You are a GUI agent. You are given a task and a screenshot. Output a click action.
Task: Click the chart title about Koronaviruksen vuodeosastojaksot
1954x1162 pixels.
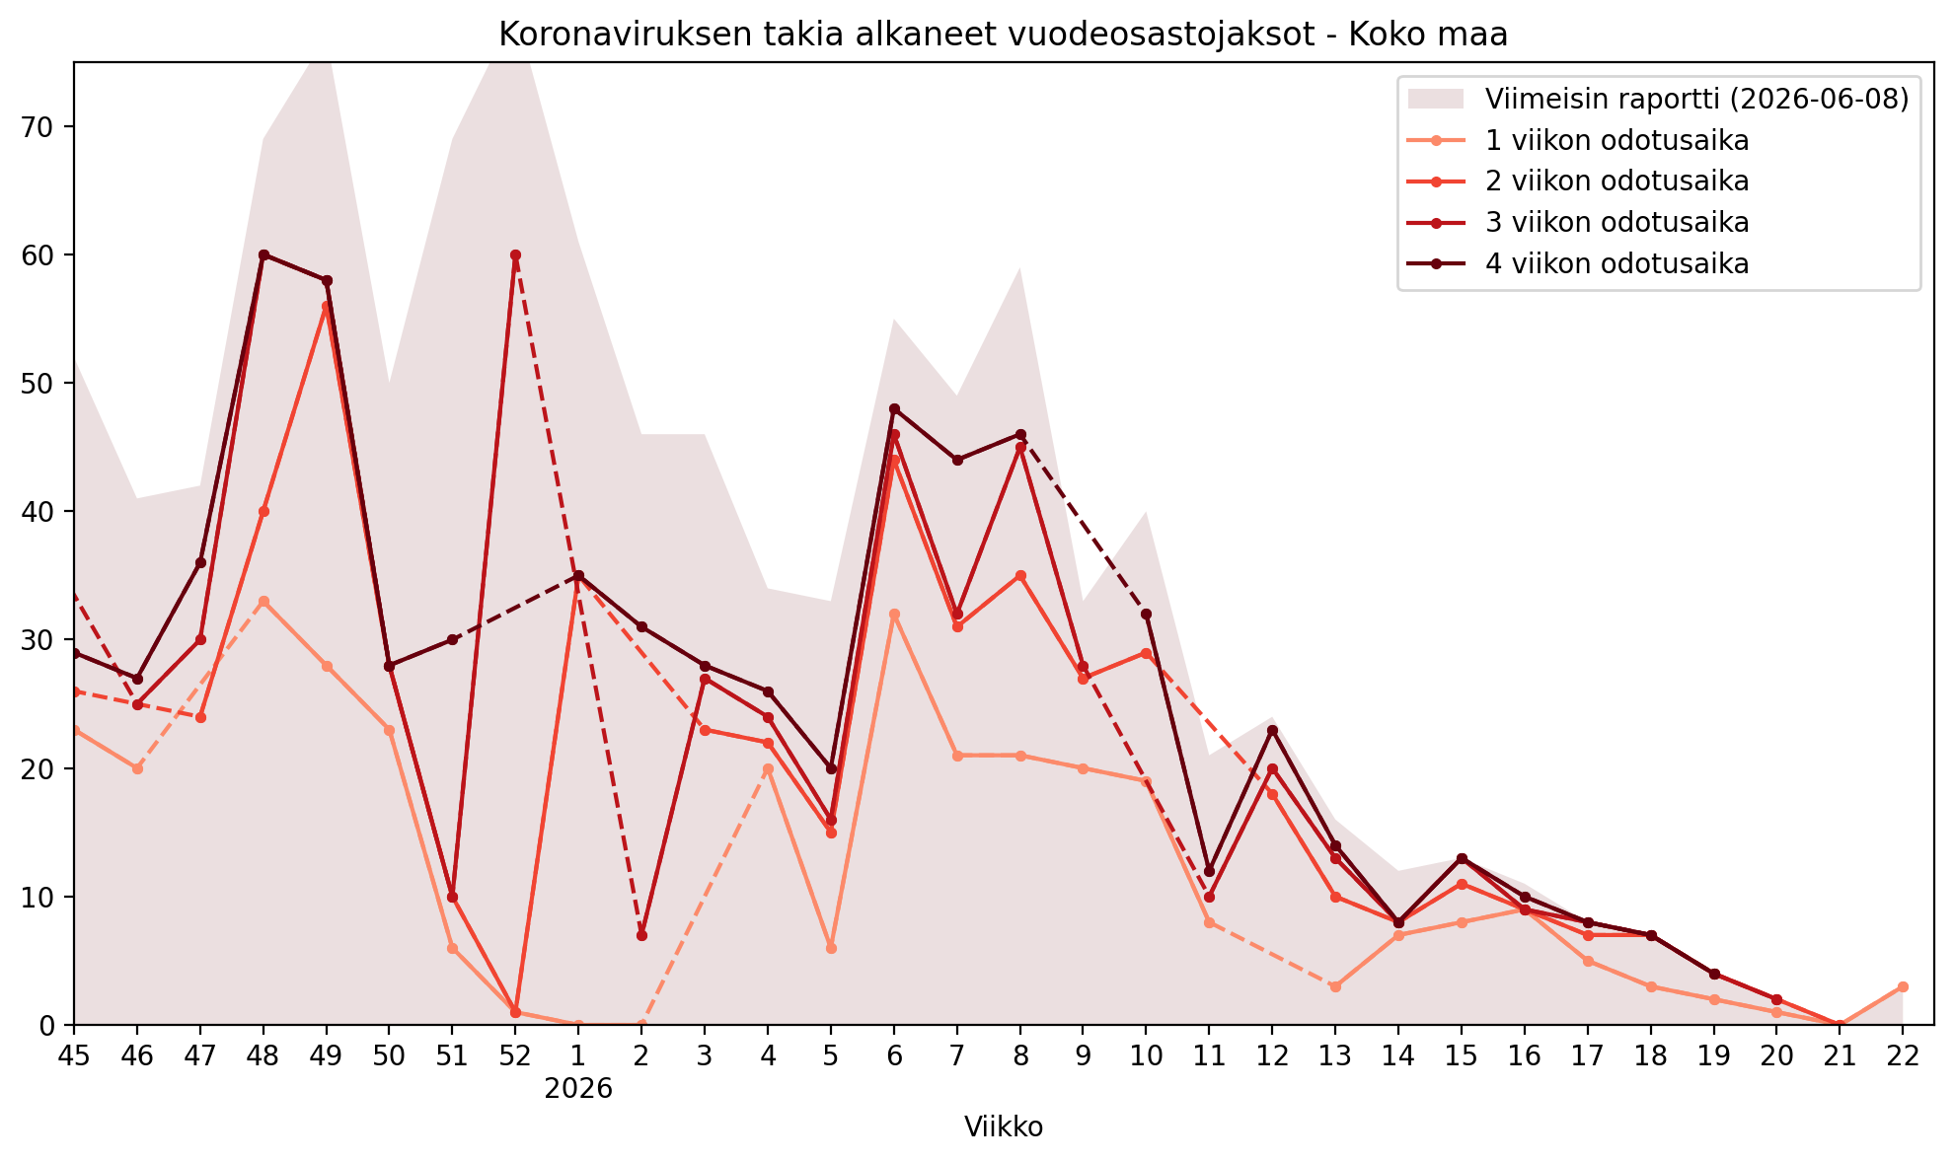tap(1003, 35)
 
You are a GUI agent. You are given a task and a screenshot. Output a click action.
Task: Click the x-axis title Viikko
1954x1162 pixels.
tap(1004, 1127)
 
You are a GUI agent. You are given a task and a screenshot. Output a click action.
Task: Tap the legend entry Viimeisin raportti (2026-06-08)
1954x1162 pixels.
tap(1659, 99)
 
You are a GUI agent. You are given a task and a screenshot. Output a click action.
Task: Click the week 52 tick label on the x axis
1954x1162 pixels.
tap(515, 1055)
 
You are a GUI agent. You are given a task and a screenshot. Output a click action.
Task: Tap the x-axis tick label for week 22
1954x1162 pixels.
tap(1903, 1055)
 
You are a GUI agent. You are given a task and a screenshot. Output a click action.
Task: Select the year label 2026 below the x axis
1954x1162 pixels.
tap(578, 1089)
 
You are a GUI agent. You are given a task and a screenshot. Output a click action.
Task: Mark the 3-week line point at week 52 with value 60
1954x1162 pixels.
tap(515, 254)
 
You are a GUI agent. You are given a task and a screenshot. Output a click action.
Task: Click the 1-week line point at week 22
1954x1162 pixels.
tap(1903, 986)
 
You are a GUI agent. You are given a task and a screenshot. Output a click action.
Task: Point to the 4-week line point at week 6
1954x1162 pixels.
tap(894, 408)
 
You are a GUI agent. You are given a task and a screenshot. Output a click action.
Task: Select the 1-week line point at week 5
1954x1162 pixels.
tap(831, 948)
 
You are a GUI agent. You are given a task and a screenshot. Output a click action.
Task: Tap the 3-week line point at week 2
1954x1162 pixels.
tap(641, 935)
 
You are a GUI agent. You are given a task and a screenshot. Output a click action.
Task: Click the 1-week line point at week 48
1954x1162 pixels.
tap(263, 601)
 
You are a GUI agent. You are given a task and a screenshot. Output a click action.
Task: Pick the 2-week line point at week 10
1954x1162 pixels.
tap(1146, 653)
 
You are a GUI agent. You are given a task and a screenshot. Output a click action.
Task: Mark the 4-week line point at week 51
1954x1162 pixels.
tap(452, 639)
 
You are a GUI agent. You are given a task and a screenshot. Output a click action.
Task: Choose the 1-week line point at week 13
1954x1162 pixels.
tap(1335, 986)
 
